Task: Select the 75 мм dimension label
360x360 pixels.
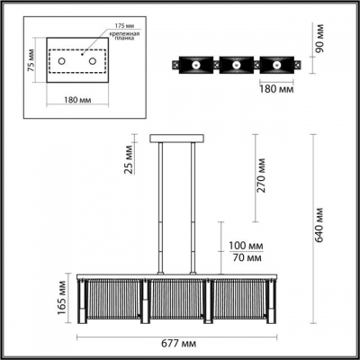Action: tap(30, 62)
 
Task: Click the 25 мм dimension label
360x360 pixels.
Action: tap(130, 160)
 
